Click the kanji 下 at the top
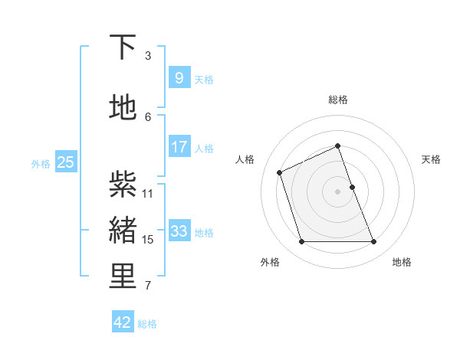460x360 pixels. pyautogui.click(x=123, y=47)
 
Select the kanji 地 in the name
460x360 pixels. pyautogui.click(x=123, y=107)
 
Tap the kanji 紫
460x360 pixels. pyautogui.click(x=123, y=183)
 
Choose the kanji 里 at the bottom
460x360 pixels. pyautogui.click(x=123, y=277)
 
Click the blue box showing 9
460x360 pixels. pyautogui.click(x=179, y=78)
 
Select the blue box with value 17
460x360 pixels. pyautogui.click(x=179, y=147)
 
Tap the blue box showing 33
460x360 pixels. pyautogui.click(x=179, y=231)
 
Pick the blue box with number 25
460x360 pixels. pyautogui.click(x=65, y=162)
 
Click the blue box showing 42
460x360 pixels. pyautogui.click(x=123, y=322)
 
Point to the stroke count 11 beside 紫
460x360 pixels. pyautogui.click(x=148, y=193)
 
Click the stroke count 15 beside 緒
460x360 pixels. pyautogui.click(x=148, y=240)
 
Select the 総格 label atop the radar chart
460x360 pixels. pyautogui.click(x=337, y=100)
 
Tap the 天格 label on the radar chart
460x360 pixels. pyautogui.click(x=432, y=159)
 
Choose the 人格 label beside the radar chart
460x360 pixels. pyautogui.click(x=245, y=159)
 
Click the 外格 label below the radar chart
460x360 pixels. pyautogui.click(x=270, y=262)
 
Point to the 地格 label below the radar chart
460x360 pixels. pyautogui.click(x=402, y=262)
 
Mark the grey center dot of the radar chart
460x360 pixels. pyautogui.click(x=337, y=191)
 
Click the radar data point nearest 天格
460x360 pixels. pyautogui.click(x=352, y=186)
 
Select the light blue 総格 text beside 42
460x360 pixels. pyautogui.click(x=147, y=324)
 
